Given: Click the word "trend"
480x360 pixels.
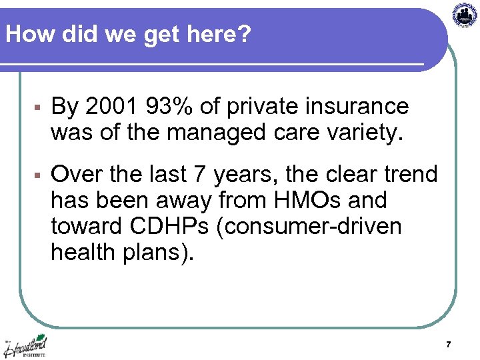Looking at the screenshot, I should pyautogui.click(x=407, y=175).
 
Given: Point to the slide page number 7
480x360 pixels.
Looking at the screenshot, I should pyautogui.click(x=448, y=345).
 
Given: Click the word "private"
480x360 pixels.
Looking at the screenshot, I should pyautogui.click(x=253, y=107).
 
